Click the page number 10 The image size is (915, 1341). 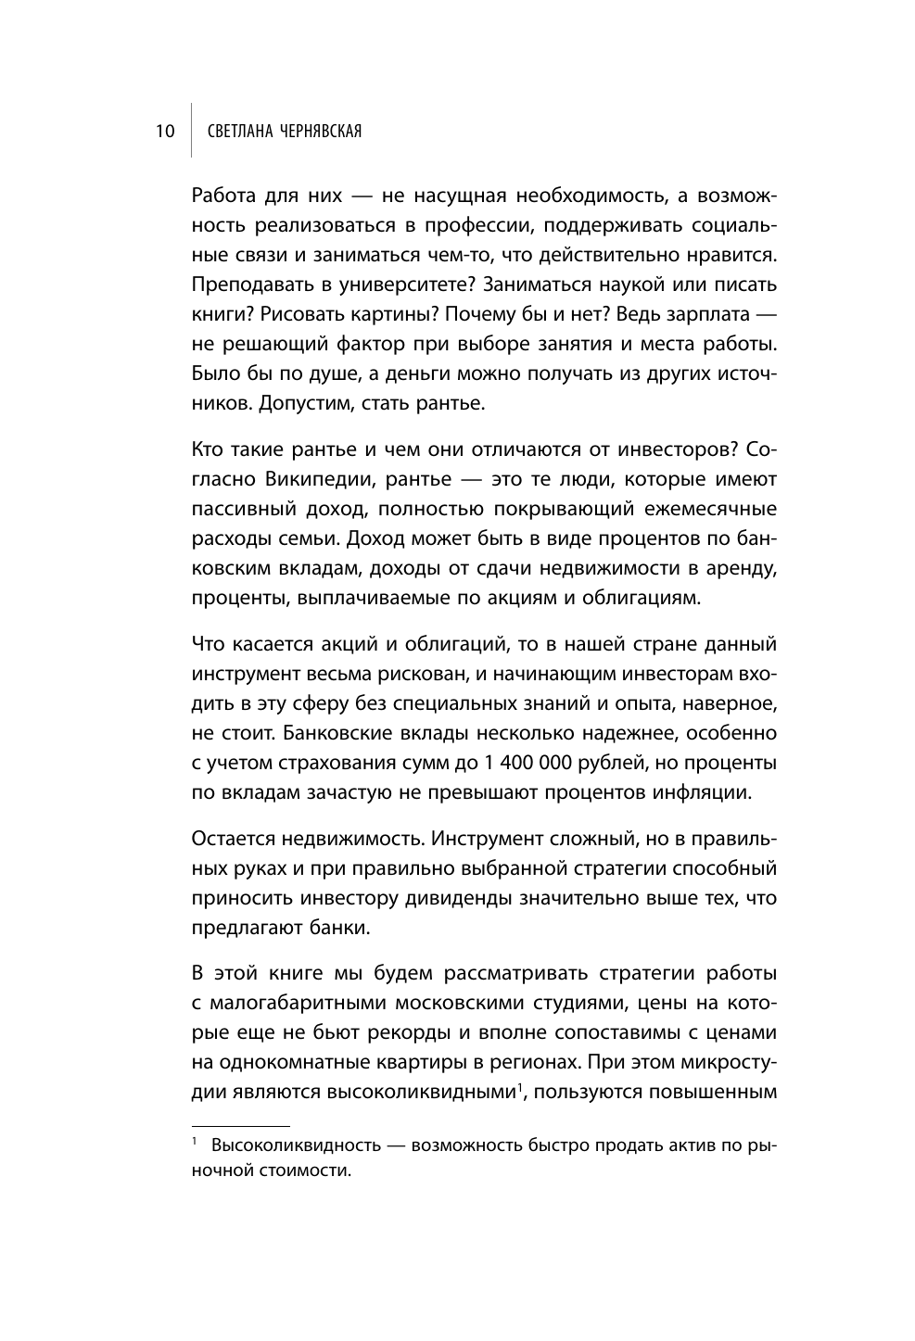click(x=164, y=132)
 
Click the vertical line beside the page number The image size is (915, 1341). click(x=191, y=132)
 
